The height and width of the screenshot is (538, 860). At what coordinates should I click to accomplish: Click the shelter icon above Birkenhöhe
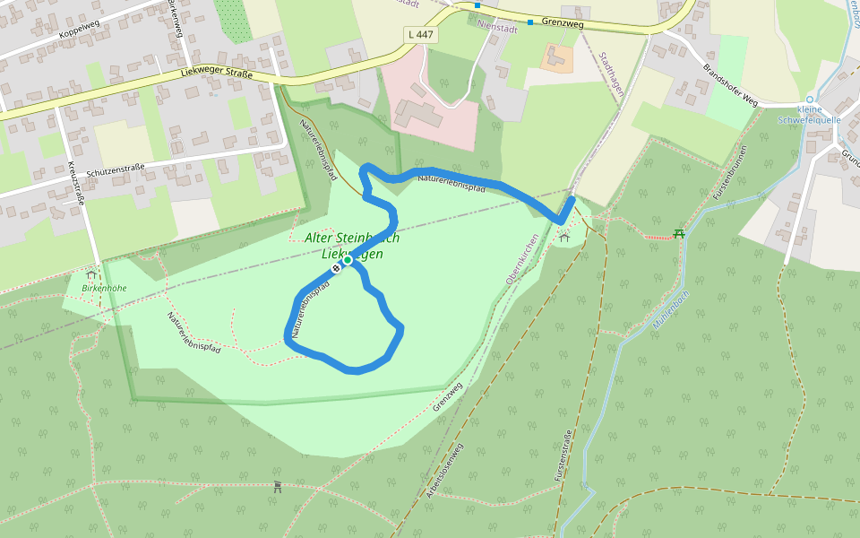(x=90, y=273)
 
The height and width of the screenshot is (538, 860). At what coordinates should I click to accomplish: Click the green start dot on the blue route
(x=348, y=260)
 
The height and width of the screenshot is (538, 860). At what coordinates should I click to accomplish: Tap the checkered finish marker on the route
(x=337, y=267)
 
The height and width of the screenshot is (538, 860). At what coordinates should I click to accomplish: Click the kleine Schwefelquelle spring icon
(x=809, y=100)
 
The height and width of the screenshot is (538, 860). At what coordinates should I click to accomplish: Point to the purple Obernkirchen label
(x=522, y=259)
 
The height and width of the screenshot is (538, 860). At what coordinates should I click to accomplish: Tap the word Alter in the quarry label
(x=317, y=239)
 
